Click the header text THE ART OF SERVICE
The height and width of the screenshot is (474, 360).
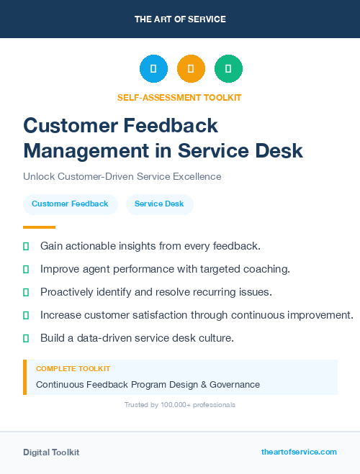pos(180,19)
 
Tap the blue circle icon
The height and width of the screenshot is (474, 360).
pos(153,69)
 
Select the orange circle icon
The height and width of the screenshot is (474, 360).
pos(191,69)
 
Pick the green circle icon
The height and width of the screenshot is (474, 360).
pos(228,69)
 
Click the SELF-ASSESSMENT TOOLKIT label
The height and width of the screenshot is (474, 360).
pos(179,97)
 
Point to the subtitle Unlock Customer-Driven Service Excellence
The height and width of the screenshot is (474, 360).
pos(122,176)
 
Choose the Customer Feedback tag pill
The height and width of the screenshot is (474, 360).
pos(70,204)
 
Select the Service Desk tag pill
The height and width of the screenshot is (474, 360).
pos(159,204)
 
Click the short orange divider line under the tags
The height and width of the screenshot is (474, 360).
pos(39,227)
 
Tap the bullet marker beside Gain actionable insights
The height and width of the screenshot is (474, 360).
pos(26,246)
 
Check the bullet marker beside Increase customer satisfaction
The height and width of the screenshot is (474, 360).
pos(26,315)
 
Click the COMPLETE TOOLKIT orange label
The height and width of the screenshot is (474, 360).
pos(73,369)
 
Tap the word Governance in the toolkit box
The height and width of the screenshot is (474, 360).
pos(232,385)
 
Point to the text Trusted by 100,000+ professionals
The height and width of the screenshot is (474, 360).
pos(179,405)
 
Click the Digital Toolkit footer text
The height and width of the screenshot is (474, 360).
pos(51,452)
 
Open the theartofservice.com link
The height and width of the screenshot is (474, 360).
pos(299,452)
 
